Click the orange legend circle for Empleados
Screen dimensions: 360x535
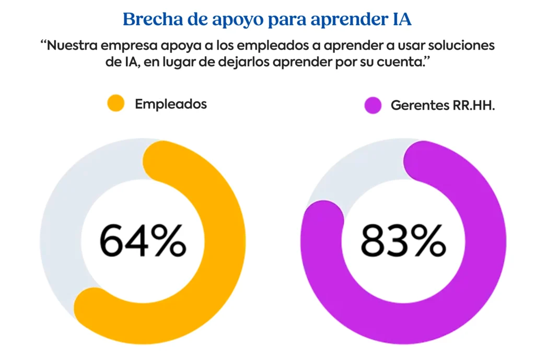pyautogui.click(x=115, y=103)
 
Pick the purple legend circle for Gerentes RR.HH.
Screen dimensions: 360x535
pyautogui.click(x=373, y=105)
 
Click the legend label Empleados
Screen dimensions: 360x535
pyautogui.click(x=171, y=103)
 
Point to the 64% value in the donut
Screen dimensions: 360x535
pyautogui.click(x=142, y=240)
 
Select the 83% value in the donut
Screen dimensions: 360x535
pyautogui.click(x=403, y=240)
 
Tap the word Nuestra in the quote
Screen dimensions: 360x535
pyautogui.click(x=73, y=45)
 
